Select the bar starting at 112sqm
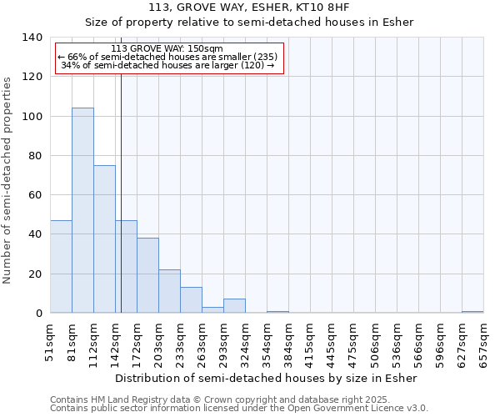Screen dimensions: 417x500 coord(104,239)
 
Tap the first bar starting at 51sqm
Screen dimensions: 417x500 coord(61,267)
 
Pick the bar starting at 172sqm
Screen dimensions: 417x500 coord(147,275)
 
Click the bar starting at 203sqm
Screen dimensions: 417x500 coord(169,291)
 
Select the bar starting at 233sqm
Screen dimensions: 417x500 coord(191,300)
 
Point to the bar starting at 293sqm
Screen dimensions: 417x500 coord(234,306)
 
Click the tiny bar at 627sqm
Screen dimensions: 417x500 coord(472,312)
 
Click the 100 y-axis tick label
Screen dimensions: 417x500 coord(32,116)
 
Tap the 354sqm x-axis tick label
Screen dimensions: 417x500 coord(267,344)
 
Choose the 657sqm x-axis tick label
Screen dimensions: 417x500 coord(483,344)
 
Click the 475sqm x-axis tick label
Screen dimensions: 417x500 coord(353,344)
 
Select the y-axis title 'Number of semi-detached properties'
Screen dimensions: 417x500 coord(8,179)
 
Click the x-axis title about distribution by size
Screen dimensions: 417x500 coord(266,378)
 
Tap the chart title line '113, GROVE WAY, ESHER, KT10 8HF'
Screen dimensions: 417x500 coord(249,8)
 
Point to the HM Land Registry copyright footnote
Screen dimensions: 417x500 coord(237,399)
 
